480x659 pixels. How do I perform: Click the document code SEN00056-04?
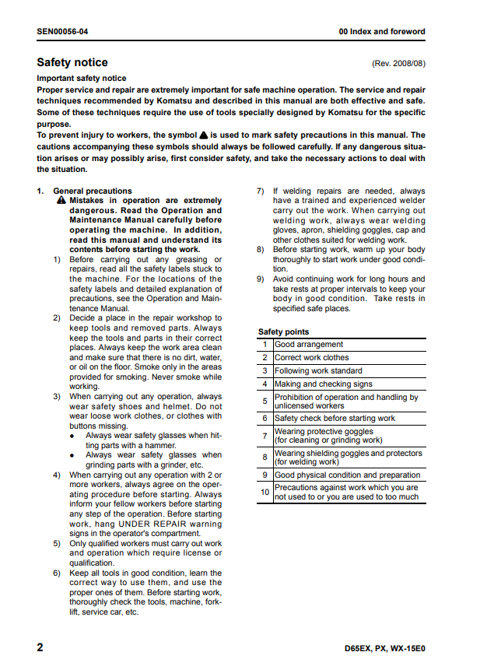[62, 32]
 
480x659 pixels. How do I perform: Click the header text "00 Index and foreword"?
[382, 32]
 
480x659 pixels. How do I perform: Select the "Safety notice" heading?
[72, 62]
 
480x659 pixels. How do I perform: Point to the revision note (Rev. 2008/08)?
[399, 64]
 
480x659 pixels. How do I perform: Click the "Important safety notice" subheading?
[81, 79]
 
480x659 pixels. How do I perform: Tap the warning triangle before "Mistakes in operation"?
[61, 201]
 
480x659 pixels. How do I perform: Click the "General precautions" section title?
[93, 191]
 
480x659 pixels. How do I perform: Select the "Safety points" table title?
[283, 332]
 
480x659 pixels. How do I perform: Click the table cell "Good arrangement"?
[309, 345]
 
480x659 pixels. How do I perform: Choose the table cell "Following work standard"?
[318, 371]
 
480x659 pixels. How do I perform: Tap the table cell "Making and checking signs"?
[323, 384]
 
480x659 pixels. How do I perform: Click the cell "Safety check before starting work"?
[335, 419]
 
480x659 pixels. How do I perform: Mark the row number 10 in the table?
[265, 492]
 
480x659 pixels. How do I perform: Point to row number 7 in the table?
[265, 436]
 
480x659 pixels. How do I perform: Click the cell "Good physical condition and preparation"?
[347, 475]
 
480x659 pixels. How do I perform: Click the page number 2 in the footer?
[40, 647]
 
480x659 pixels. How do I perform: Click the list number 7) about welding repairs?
[261, 191]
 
